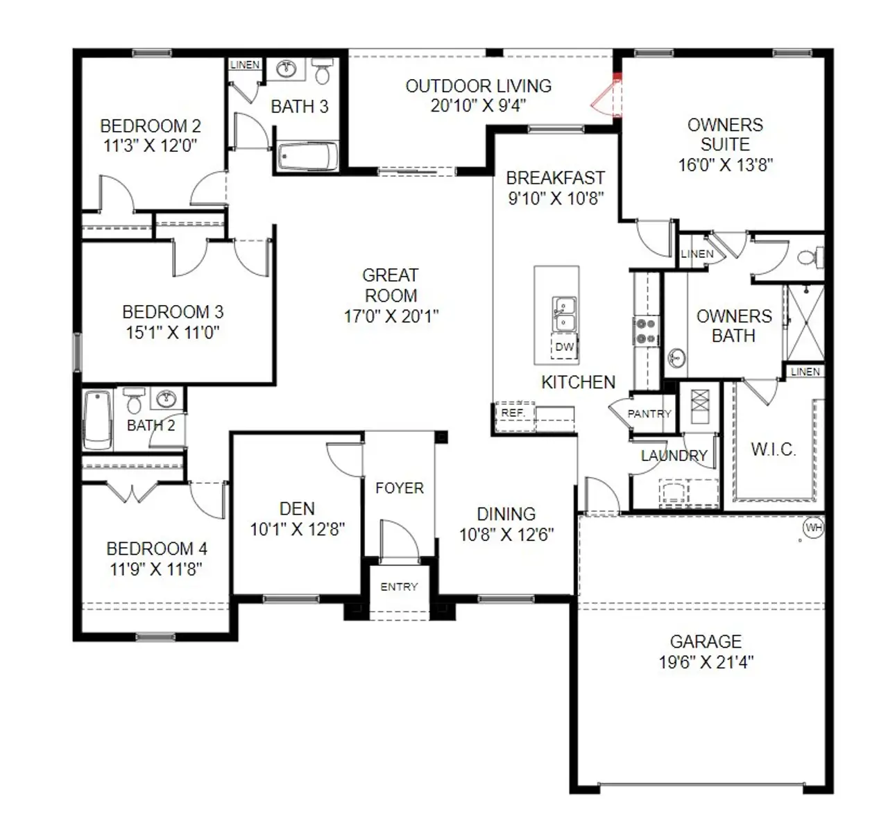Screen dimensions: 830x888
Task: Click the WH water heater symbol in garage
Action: [x=813, y=528]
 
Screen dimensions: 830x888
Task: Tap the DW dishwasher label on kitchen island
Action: [x=565, y=347]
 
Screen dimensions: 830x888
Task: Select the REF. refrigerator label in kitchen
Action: [x=513, y=413]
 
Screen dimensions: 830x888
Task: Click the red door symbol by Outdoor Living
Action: [x=607, y=98]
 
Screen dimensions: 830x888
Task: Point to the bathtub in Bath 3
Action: [x=308, y=157]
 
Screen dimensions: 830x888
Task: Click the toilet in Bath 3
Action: [x=322, y=71]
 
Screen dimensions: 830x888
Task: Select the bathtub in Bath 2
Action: [x=97, y=420]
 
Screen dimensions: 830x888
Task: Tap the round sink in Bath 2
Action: [x=166, y=399]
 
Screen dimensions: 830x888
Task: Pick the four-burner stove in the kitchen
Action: [x=646, y=331]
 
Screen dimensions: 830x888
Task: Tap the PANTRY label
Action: [x=649, y=414]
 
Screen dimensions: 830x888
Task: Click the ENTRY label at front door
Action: [x=399, y=587]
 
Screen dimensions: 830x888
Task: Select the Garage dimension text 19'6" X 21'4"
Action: [x=706, y=662]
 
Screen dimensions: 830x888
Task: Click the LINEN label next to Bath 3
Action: [x=245, y=64]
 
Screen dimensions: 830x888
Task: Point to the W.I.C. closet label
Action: [x=773, y=449]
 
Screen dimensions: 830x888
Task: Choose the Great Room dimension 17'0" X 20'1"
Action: [x=391, y=316]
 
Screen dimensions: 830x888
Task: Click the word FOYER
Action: [x=399, y=488]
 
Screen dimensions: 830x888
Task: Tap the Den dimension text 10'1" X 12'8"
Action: [x=297, y=530]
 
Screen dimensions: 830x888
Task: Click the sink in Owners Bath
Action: [x=676, y=358]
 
